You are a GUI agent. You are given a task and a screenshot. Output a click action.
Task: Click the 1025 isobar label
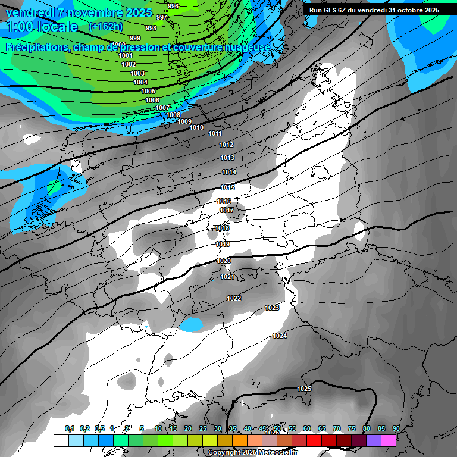(304, 389)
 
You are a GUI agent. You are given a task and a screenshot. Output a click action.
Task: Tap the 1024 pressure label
(280, 336)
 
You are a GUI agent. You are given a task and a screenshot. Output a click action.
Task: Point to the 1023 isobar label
(272, 308)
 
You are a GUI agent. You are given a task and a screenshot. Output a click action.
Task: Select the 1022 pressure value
(234, 298)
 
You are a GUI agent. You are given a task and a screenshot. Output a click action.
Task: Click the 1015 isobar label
(228, 187)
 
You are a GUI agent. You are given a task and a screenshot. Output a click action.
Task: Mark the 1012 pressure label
(226, 145)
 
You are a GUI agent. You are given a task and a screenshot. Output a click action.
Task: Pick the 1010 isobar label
(196, 128)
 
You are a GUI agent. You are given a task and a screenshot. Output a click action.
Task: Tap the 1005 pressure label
(148, 91)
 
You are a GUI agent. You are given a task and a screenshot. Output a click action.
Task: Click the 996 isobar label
(173, 6)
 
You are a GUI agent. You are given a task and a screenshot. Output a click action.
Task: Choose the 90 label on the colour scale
(396, 428)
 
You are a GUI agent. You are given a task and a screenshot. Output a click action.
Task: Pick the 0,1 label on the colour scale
(70, 428)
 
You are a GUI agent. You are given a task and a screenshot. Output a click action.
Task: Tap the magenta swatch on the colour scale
(389, 440)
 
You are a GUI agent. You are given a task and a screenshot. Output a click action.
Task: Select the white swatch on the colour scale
(61, 440)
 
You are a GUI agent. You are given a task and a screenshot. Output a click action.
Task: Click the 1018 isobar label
(222, 228)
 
